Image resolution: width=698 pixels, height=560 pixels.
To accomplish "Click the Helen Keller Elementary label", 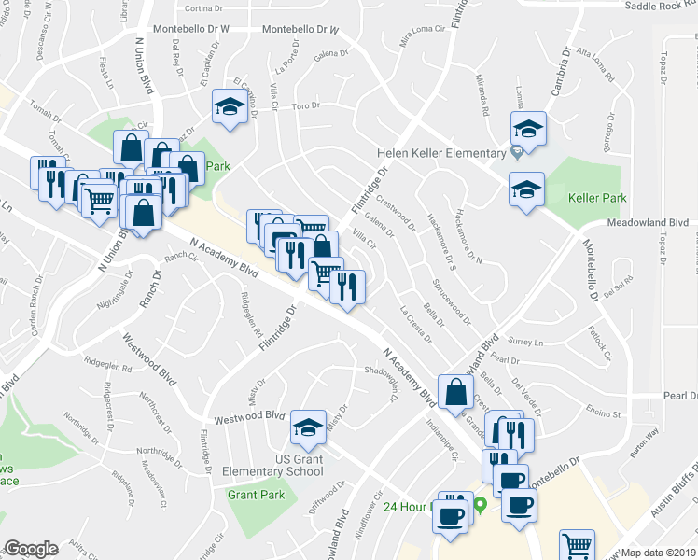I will click(441, 152).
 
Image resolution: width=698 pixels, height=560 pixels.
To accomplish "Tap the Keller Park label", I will click(597, 198).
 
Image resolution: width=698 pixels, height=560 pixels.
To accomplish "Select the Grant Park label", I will click(256, 495).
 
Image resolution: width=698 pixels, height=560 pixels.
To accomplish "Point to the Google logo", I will click(31, 549).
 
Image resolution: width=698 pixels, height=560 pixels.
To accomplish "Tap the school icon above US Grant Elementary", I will click(307, 427).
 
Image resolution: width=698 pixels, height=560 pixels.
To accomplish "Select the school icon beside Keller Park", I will click(526, 189).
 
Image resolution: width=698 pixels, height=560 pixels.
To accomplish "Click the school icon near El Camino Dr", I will click(227, 108).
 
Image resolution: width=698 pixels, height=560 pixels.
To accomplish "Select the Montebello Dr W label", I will click(191, 29).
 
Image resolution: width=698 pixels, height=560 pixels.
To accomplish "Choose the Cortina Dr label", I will click(204, 8).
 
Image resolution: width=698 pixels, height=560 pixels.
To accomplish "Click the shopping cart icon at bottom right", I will click(578, 546).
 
